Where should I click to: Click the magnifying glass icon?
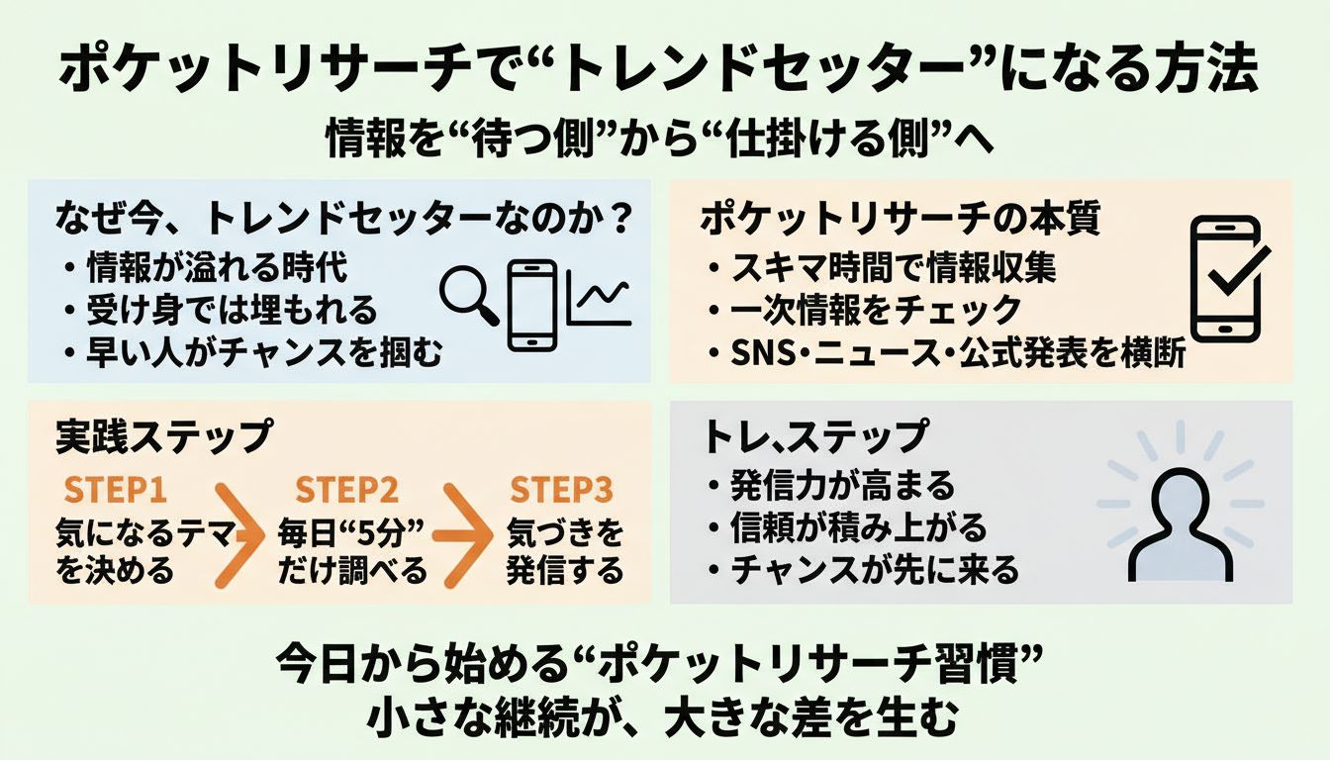point(468,292)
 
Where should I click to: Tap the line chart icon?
point(599,300)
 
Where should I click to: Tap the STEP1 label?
point(115,491)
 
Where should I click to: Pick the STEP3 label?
point(560,491)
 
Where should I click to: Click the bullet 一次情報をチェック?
point(864,310)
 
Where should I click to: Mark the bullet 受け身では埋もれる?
point(231,310)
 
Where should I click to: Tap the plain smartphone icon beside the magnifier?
point(531,304)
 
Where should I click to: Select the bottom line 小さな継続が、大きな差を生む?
point(664,717)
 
